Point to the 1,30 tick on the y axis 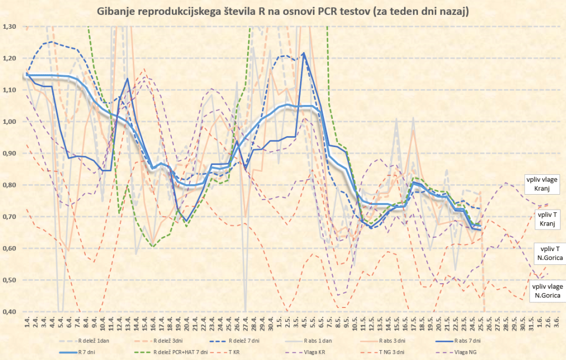click(9, 27)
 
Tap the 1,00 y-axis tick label click(9, 122)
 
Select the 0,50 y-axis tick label click(9, 280)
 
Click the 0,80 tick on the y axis click(9, 185)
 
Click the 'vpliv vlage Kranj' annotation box click(543, 185)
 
